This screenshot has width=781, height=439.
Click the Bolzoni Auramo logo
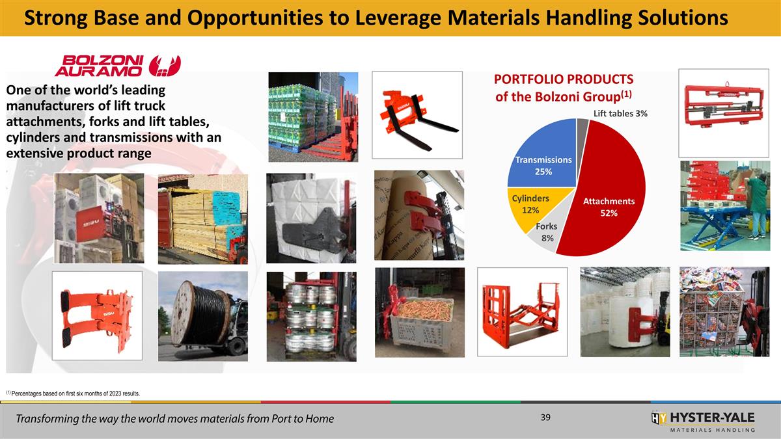click(117, 64)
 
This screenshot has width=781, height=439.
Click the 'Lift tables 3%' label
click(620, 114)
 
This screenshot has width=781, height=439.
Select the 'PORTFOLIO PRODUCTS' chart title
click(563, 79)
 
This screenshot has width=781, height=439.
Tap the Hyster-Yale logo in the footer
click(703, 420)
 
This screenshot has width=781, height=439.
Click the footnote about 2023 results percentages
click(72, 393)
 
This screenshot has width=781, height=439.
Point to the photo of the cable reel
click(203, 315)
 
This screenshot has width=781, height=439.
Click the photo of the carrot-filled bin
click(419, 311)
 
